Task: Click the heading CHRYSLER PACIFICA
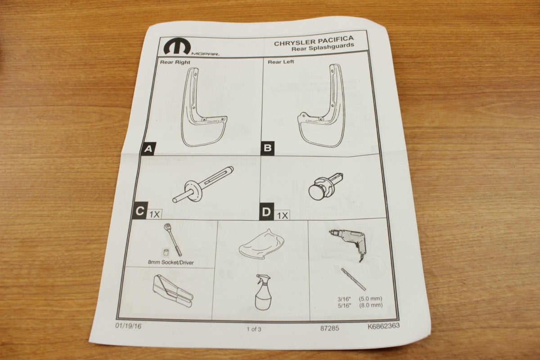[x=314, y=41]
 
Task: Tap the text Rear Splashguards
[x=323, y=47]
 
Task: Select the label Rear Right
[x=175, y=62]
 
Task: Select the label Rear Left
[x=281, y=62]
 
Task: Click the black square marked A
[x=148, y=148]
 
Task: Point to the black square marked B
[x=267, y=148]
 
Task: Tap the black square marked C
[x=140, y=211]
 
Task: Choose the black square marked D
[x=266, y=211]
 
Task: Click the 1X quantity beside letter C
[x=154, y=214]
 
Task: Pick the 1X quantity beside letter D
[x=282, y=215]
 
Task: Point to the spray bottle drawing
[x=263, y=292]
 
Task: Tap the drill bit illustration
[x=353, y=279]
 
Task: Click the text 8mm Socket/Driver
[x=171, y=262]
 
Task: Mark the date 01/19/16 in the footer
[x=128, y=326]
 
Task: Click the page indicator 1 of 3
[x=254, y=329]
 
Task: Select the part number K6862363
[x=383, y=326]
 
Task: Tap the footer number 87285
[x=329, y=328]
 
